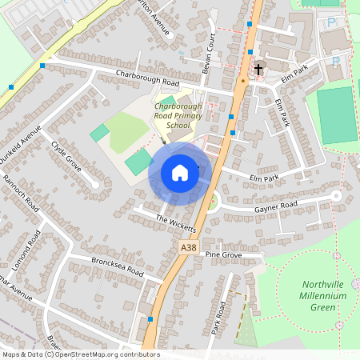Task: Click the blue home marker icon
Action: click(180, 173)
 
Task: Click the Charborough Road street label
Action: click(148, 81)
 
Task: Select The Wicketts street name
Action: click(176, 222)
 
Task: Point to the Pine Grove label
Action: click(223, 254)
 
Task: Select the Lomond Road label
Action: click(33, 249)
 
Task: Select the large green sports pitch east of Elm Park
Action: click(336, 115)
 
